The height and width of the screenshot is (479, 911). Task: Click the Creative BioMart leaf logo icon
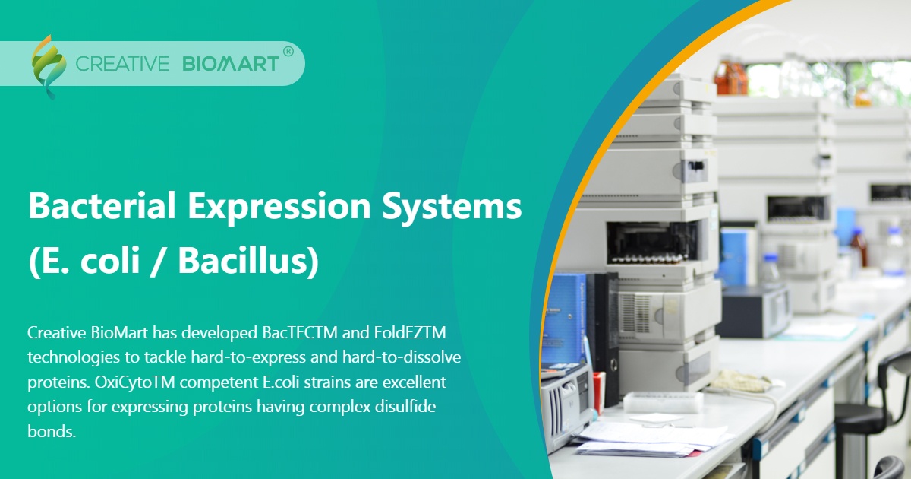(47, 65)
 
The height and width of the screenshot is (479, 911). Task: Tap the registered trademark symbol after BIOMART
(288, 52)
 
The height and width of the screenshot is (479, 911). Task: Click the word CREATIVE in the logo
(122, 64)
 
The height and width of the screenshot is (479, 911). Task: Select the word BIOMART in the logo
(230, 64)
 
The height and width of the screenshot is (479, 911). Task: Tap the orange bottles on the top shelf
(730, 76)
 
